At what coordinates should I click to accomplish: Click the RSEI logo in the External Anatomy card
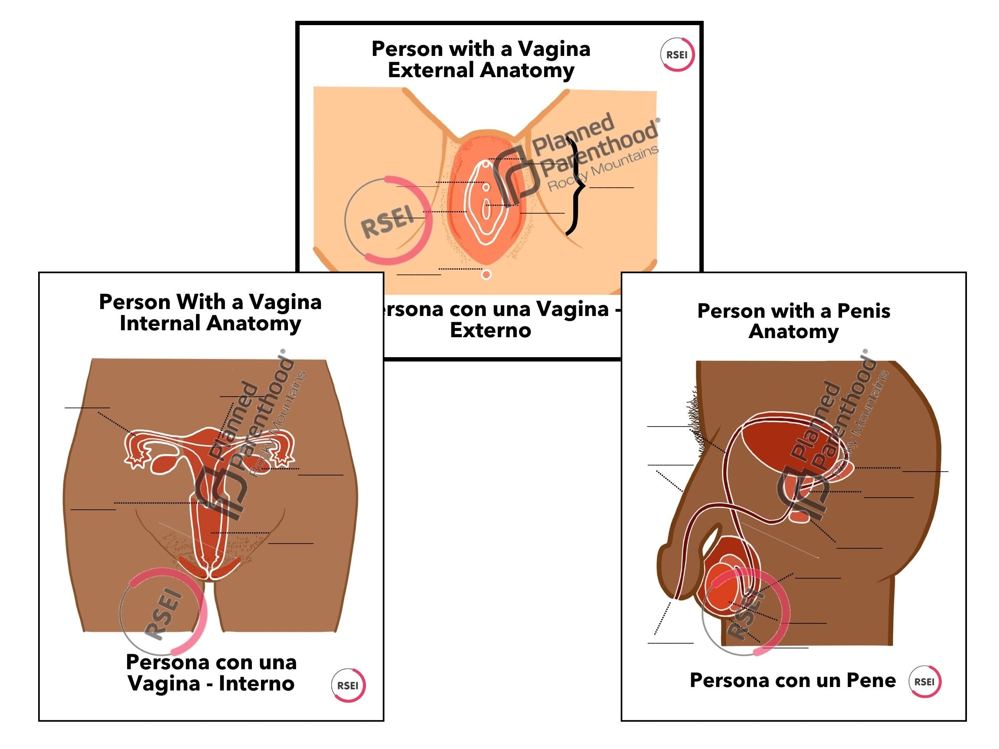(676, 55)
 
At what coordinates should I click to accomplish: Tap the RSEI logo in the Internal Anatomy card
(348, 685)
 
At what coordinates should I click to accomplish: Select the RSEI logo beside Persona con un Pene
(924, 682)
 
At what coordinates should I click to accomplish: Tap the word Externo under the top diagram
(490, 330)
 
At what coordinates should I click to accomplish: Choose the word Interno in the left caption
(257, 684)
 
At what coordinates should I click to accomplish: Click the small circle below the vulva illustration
(486, 274)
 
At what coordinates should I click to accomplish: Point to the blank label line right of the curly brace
(611, 187)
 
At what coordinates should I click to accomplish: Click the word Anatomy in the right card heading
(793, 332)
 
